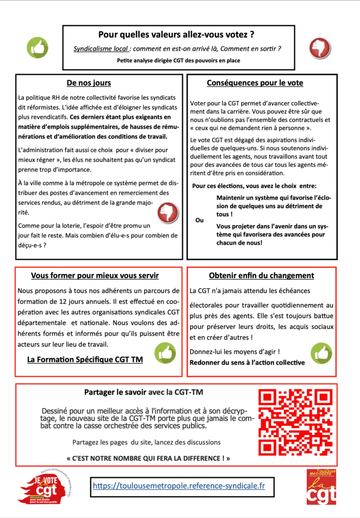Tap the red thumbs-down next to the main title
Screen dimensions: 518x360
(319, 48)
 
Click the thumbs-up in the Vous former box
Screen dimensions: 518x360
(165, 353)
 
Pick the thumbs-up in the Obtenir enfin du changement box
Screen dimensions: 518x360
(321, 353)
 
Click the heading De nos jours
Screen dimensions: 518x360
(89, 83)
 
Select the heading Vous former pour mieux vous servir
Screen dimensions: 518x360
(95, 276)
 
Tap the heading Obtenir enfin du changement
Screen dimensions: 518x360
(261, 276)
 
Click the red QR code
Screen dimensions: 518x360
(296, 421)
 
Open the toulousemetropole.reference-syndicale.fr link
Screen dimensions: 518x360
(179, 486)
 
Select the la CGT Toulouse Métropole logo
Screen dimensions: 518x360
(321, 486)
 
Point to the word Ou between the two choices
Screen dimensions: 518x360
(199, 220)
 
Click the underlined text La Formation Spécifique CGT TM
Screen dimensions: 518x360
(85, 360)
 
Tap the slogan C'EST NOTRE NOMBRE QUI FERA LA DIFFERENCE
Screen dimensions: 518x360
(148, 458)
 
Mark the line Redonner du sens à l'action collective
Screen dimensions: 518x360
(247, 362)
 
